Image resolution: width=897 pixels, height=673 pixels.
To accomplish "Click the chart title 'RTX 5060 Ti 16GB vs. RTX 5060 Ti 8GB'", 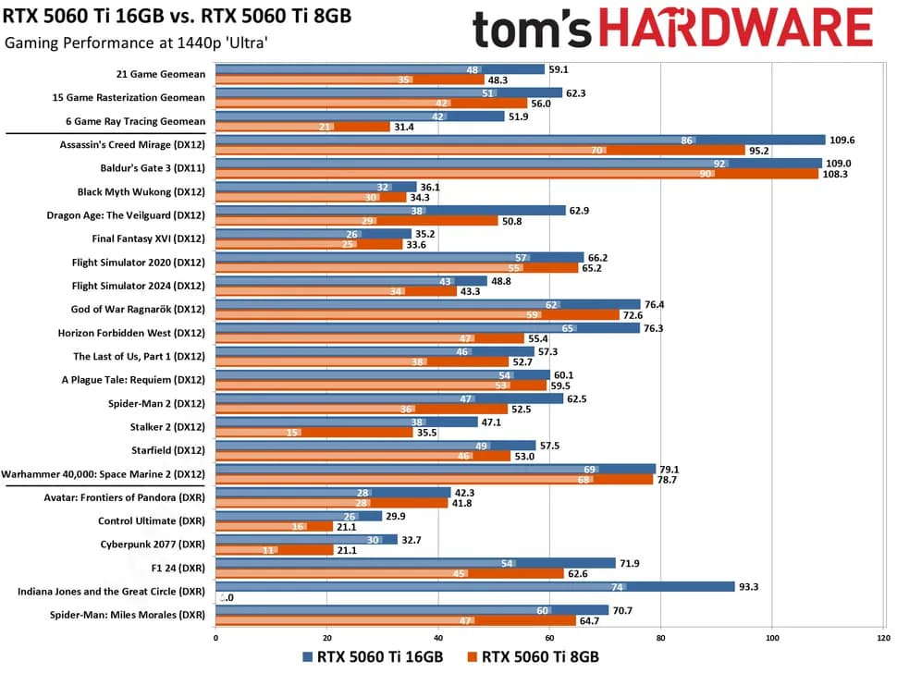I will (x=177, y=17).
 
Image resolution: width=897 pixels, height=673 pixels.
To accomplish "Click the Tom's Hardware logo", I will (x=672, y=30).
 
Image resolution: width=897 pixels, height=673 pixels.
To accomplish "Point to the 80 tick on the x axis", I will (x=661, y=637).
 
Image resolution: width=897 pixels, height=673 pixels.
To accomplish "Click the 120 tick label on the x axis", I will (x=883, y=637).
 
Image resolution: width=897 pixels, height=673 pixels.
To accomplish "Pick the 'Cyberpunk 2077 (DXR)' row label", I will (x=153, y=544).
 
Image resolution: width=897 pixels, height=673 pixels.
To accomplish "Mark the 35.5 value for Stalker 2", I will (x=426, y=433).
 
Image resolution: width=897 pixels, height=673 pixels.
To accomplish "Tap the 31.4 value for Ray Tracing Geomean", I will (x=404, y=127).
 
